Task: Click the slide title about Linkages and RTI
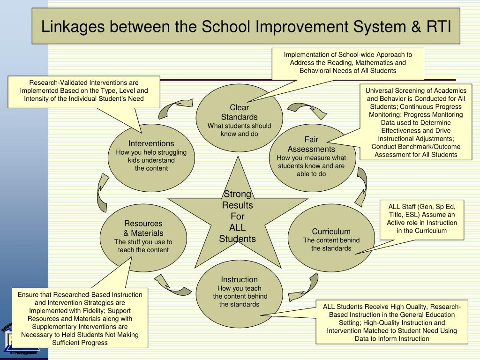[x=246, y=26]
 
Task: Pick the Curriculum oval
[x=331, y=239]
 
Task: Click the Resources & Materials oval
[x=143, y=237]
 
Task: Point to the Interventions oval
[x=151, y=157]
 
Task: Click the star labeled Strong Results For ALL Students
[x=238, y=216]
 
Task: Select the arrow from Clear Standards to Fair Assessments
[x=307, y=110]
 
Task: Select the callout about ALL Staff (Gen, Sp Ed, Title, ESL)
[x=421, y=219]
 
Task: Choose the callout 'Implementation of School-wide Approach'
[x=348, y=63]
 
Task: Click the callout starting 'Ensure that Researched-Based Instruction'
[x=80, y=318]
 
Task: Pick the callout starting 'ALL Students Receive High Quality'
[x=391, y=322]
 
